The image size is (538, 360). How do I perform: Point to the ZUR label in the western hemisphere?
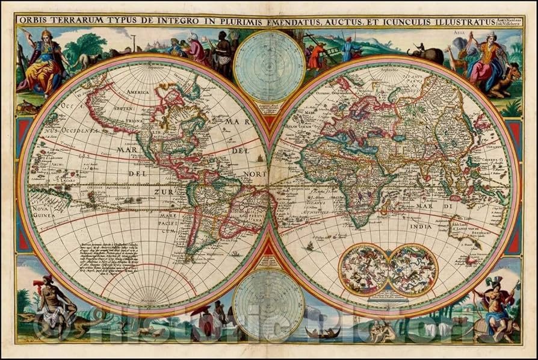tap(164, 192)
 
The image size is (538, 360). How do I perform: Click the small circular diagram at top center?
tap(260, 62)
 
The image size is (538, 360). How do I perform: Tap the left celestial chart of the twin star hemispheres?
tap(363, 269)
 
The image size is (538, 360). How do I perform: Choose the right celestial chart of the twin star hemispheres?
tap(413, 269)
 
